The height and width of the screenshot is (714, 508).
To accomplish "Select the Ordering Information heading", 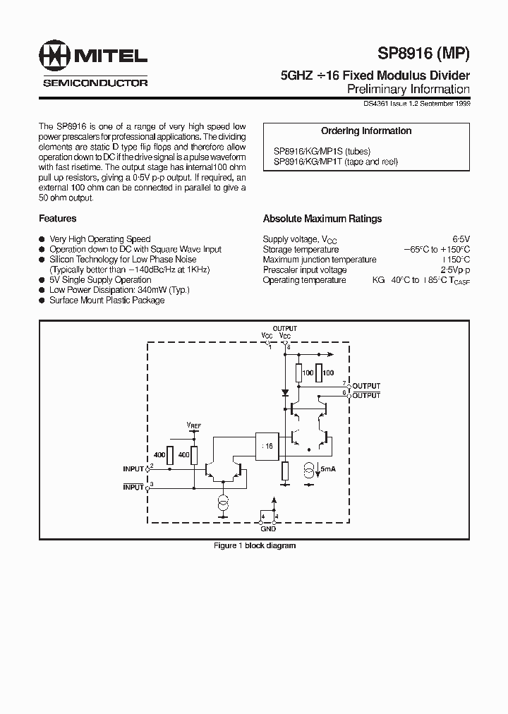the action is point(366,131).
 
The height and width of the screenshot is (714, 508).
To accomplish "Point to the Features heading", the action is point(58,219).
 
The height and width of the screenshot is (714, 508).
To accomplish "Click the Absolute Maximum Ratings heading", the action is point(322,219).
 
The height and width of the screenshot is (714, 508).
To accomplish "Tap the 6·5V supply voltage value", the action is point(461,240).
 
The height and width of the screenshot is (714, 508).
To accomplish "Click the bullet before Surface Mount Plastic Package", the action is point(42,301).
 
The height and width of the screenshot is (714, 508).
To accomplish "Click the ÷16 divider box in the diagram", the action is point(267,446).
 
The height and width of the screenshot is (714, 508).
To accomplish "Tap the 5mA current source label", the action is point(328,468).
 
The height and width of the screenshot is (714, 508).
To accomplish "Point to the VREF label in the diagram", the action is point(193,425).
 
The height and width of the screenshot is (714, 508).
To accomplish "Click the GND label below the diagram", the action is point(269,528).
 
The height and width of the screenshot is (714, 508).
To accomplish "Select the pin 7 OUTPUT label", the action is point(366,386).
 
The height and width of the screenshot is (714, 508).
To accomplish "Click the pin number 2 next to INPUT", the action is point(151,466).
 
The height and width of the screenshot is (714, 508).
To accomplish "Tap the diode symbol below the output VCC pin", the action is point(284,392).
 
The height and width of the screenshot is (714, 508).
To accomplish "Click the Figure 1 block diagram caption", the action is point(255,545).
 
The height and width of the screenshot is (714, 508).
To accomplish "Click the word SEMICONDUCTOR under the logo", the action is point(95,83).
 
